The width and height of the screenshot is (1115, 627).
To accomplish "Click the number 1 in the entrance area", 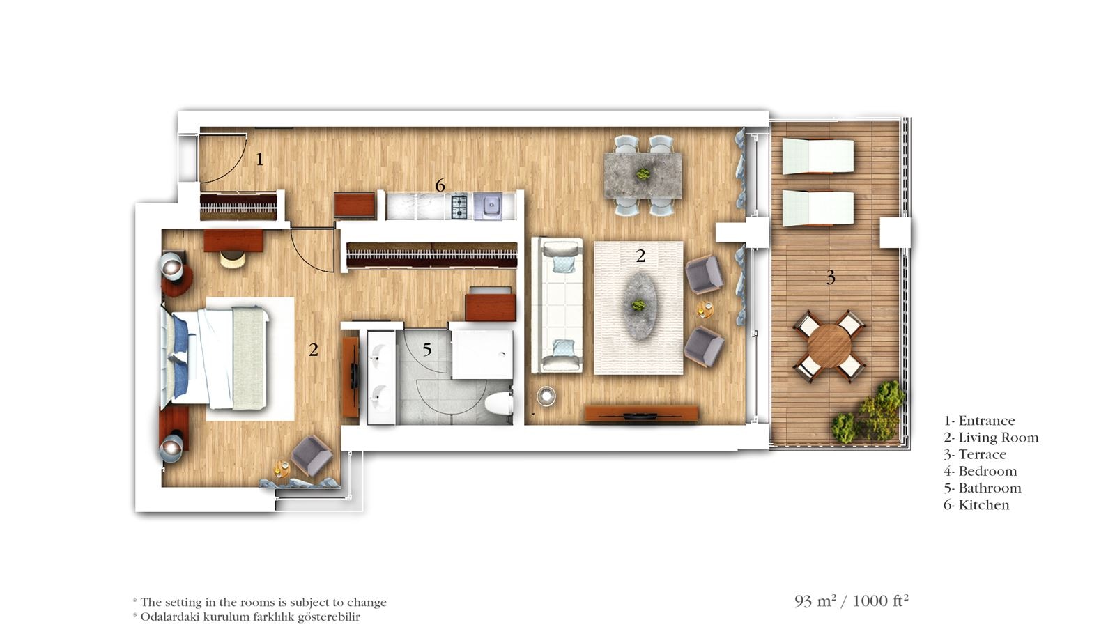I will click(x=259, y=160).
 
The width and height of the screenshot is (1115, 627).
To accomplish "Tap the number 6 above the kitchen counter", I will click(x=440, y=185).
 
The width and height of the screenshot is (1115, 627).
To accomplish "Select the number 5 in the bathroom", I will click(x=426, y=350).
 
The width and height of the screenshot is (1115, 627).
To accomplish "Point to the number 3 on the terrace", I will click(x=830, y=278).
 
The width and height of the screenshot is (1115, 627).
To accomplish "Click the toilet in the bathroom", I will click(x=500, y=403).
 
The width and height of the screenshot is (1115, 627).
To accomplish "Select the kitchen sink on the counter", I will click(x=489, y=206).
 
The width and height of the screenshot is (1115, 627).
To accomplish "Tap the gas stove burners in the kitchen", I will click(x=459, y=206).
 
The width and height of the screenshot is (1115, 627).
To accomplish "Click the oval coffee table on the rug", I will click(x=638, y=305).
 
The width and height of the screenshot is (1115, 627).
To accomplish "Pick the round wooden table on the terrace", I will click(x=829, y=346).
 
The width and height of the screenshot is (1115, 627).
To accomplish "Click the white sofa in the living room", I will click(x=557, y=305).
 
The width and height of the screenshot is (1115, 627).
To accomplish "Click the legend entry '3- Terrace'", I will click(x=975, y=455).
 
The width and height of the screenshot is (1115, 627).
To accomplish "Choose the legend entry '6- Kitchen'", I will click(x=976, y=505).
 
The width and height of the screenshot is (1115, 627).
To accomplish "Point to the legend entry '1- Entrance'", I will click(x=979, y=421).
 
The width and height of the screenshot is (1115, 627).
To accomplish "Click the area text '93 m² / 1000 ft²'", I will click(x=851, y=601).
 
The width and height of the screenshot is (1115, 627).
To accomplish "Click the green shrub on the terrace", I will click(x=871, y=415).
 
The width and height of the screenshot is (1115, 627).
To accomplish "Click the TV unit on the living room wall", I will click(x=640, y=414).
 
